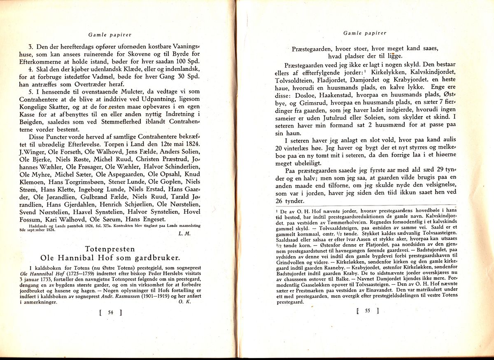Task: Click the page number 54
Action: [x=110, y=312]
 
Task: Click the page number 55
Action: [x=367, y=311]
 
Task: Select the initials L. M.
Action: [x=184, y=234]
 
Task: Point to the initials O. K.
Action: [x=184, y=302]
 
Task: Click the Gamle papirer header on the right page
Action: [x=364, y=33]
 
